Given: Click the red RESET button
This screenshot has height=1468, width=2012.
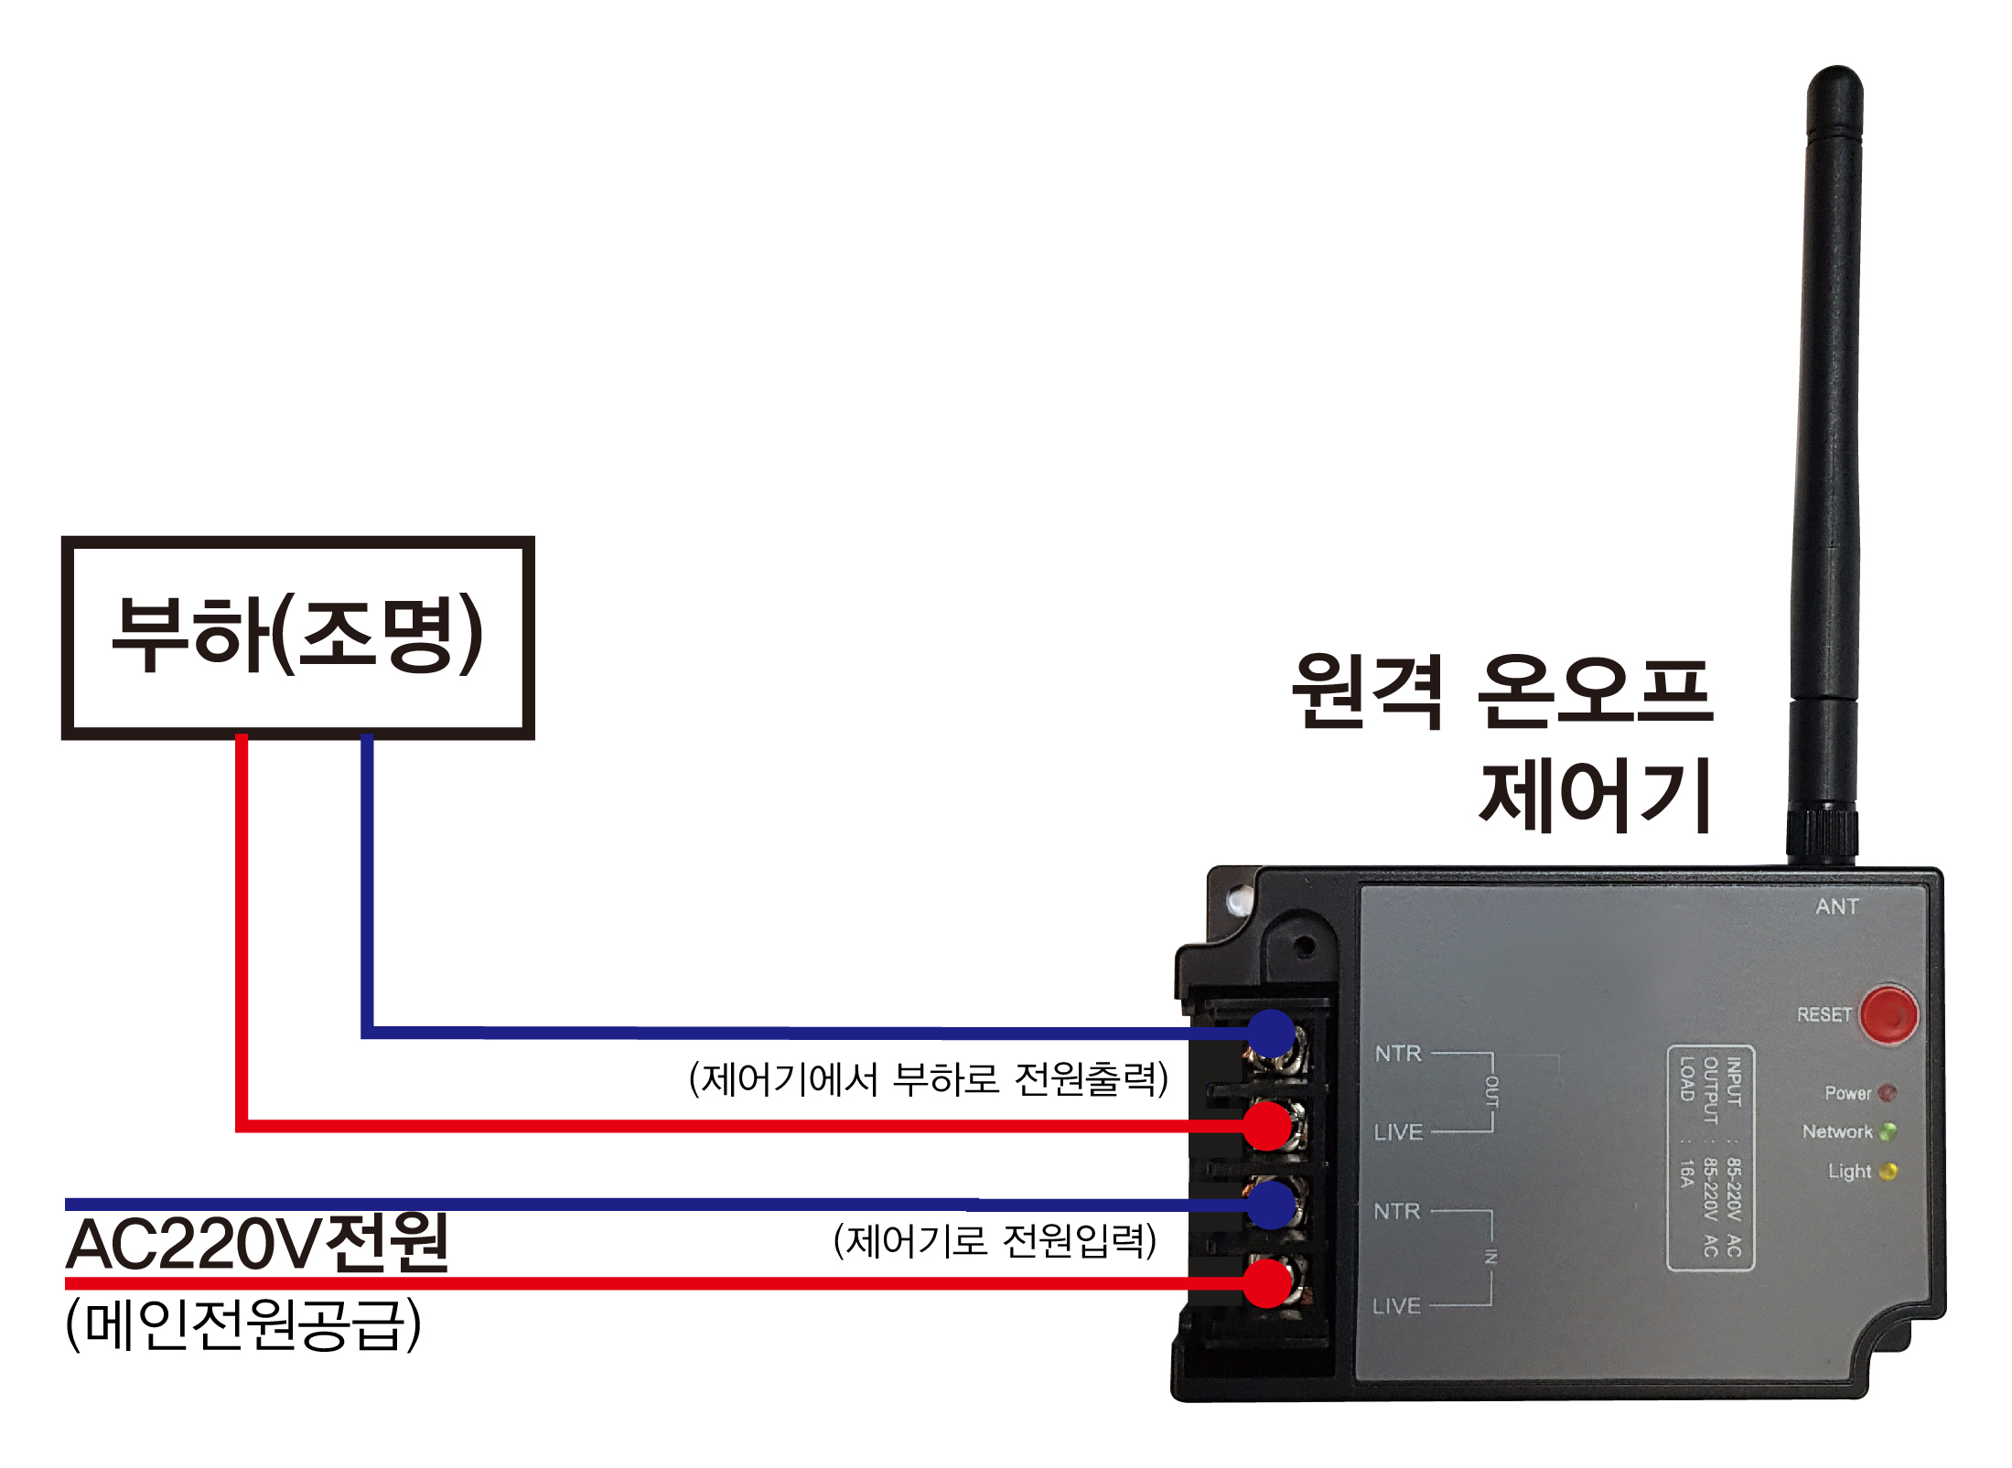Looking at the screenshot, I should coord(1888,1014).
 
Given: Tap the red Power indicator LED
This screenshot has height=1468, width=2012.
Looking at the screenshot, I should coord(1887,1093).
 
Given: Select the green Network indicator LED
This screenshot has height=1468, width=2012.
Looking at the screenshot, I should coord(1887,1132).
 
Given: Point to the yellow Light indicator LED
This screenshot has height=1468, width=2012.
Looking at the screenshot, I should coord(1887,1172).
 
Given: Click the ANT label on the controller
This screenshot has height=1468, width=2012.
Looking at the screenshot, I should coord(1837,906).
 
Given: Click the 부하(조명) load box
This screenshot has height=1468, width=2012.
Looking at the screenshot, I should coord(297,638).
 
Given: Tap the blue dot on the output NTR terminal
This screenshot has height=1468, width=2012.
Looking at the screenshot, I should coord(1269,1034).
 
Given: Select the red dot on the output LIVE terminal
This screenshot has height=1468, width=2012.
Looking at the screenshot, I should coord(1267,1125).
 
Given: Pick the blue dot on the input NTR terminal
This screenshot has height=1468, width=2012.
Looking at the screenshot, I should coord(1269,1205).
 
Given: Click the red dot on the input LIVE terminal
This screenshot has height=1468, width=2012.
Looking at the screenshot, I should coord(1268,1283).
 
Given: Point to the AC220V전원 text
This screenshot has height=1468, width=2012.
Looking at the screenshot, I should coord(257,1244).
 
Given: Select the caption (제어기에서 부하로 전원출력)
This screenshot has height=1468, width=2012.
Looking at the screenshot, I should coord(928,1079).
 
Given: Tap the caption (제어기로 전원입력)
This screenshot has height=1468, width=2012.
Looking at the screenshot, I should coord(995,1241).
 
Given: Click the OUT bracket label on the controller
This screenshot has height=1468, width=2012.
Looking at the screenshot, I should coord(1491,1092).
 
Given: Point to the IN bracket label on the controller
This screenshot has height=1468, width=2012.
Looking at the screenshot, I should coord(1491,1258).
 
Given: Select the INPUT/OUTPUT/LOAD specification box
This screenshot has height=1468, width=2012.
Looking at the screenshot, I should coord(1710,1158).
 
